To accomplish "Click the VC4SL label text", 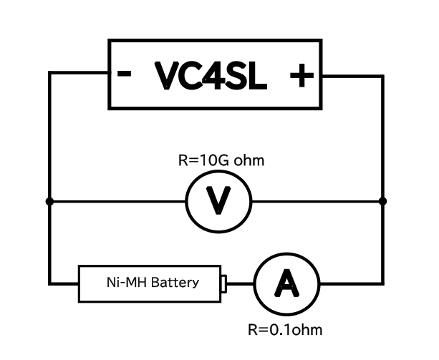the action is point(211,76).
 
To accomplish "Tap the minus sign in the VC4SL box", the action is point(124,73).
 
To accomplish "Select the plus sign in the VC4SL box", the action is point(301,75).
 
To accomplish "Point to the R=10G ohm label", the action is point(221,160).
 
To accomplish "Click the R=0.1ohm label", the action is point(285,330).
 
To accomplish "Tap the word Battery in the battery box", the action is point(175,283).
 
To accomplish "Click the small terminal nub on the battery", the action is point(223,284).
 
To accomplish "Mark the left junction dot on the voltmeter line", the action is point(49,201).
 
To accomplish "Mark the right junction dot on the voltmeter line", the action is point(382,201).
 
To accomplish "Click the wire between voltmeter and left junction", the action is point(117,201).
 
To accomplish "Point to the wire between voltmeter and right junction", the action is point(317,201).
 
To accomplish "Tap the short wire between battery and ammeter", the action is point(240,284).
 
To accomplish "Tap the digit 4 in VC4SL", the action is point(214,75).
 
